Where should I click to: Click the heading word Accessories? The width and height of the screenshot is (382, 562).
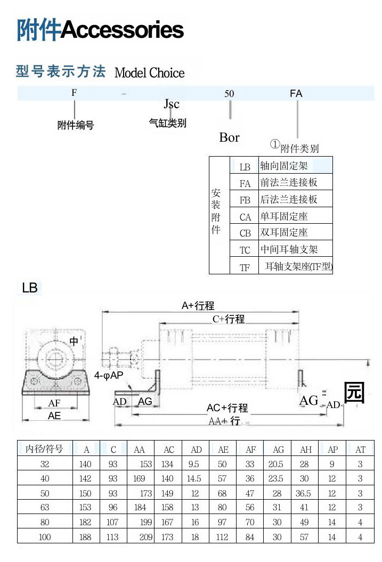tap(123, 30)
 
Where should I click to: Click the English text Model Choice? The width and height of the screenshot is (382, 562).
tap(150, 73)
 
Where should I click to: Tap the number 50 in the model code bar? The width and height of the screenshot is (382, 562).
tap(229, 94)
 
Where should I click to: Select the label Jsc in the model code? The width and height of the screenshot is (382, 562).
tap(171, 104)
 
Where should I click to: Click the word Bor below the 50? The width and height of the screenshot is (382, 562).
tap(229, 137)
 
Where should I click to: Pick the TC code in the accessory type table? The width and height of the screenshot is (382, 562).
tap(245, 250)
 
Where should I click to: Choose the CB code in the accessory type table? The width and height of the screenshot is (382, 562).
tap(245, 233)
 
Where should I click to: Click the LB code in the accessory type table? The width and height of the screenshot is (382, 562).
tap(245, 167)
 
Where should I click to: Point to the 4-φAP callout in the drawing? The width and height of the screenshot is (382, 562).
tap(109, 376)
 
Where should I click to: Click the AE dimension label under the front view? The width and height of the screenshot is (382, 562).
tap(54, 416)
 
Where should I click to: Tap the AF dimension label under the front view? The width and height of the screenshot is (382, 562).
tap(54, 404)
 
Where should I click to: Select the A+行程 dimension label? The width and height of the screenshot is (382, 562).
tap(198, 306)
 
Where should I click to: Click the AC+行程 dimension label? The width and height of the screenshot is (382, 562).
tap(227, 409)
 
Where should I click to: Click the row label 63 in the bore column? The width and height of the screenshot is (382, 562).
tap(45, 507)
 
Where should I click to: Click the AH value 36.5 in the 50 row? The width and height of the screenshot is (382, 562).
tap(304, 493)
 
